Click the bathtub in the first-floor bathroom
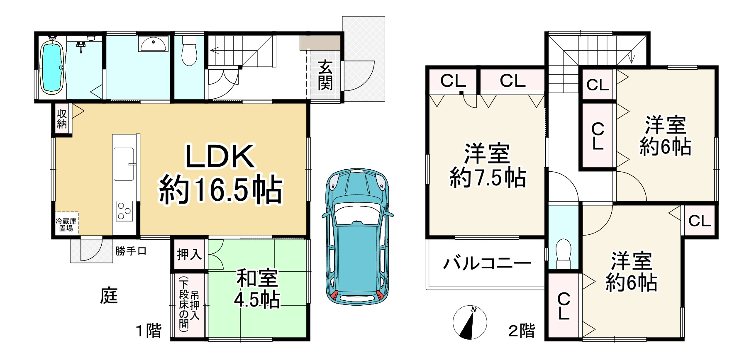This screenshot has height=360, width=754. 52,68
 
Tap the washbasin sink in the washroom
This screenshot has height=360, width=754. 154,44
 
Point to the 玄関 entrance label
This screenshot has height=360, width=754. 325,75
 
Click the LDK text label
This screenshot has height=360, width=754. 220,157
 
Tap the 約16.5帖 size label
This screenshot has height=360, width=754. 221,190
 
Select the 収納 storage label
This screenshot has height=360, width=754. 62,119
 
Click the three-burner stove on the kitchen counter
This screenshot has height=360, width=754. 124,210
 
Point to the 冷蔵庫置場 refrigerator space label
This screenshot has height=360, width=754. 66,224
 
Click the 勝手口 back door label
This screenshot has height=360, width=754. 131,251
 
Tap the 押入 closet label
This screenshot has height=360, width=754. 189,254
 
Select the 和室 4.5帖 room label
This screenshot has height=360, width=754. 257,289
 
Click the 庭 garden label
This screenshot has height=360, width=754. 109,296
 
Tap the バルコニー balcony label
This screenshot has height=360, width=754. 487,263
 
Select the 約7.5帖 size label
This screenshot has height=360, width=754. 488,178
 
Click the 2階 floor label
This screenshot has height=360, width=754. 522,331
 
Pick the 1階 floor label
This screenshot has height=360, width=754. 149,331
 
